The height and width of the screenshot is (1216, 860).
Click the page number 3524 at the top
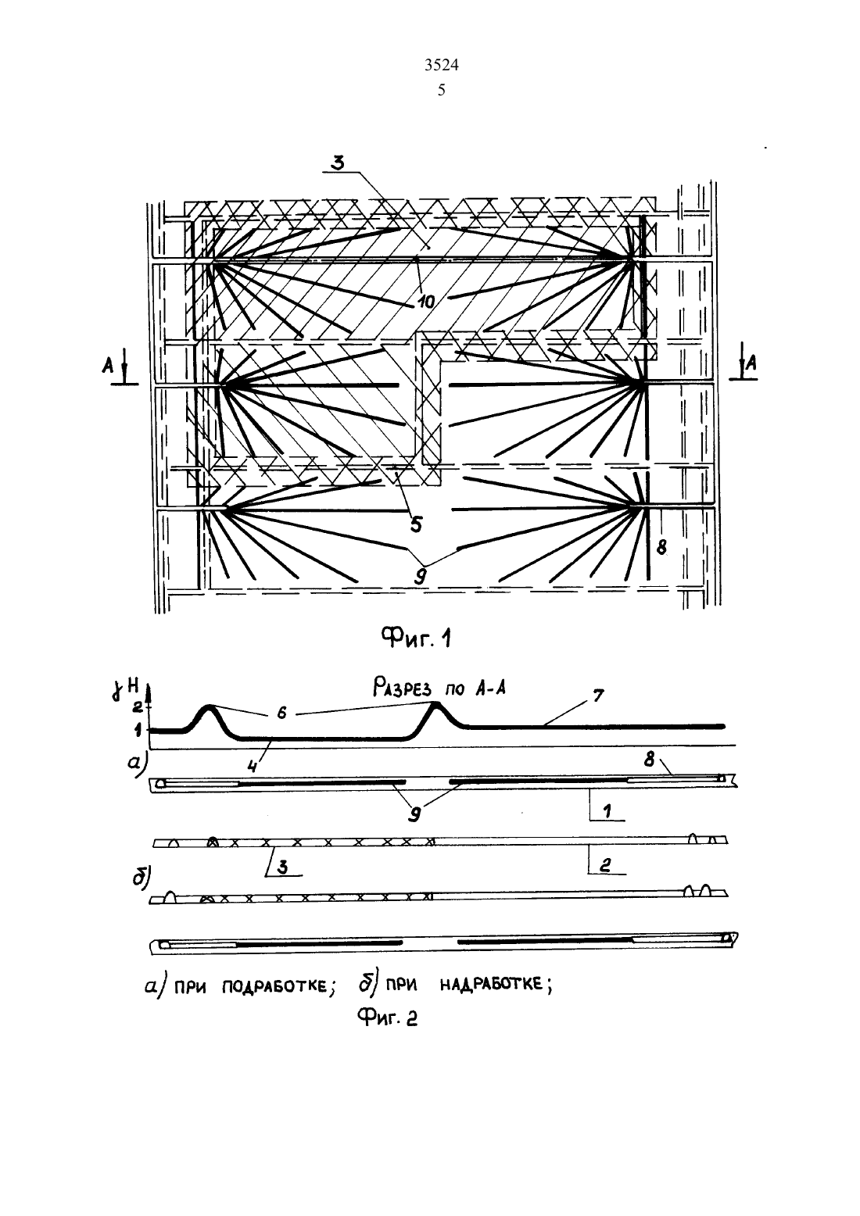tap(441, 65)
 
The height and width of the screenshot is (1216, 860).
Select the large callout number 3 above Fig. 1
tap(339, 163)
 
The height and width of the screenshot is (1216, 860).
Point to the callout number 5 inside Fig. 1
tap(415, 525)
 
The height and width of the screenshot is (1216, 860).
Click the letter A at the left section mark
tap(108, 367)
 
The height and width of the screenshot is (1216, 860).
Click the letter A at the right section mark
tap(751, 362)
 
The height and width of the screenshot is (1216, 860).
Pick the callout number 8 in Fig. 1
tap(661, 548)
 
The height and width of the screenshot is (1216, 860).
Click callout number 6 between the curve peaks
tap(281, 714)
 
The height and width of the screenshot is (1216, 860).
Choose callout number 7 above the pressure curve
tap(598, 696)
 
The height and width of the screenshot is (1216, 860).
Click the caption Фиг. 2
tap(388, 1018)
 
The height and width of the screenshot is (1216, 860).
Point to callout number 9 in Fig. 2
tap(414, 815)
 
